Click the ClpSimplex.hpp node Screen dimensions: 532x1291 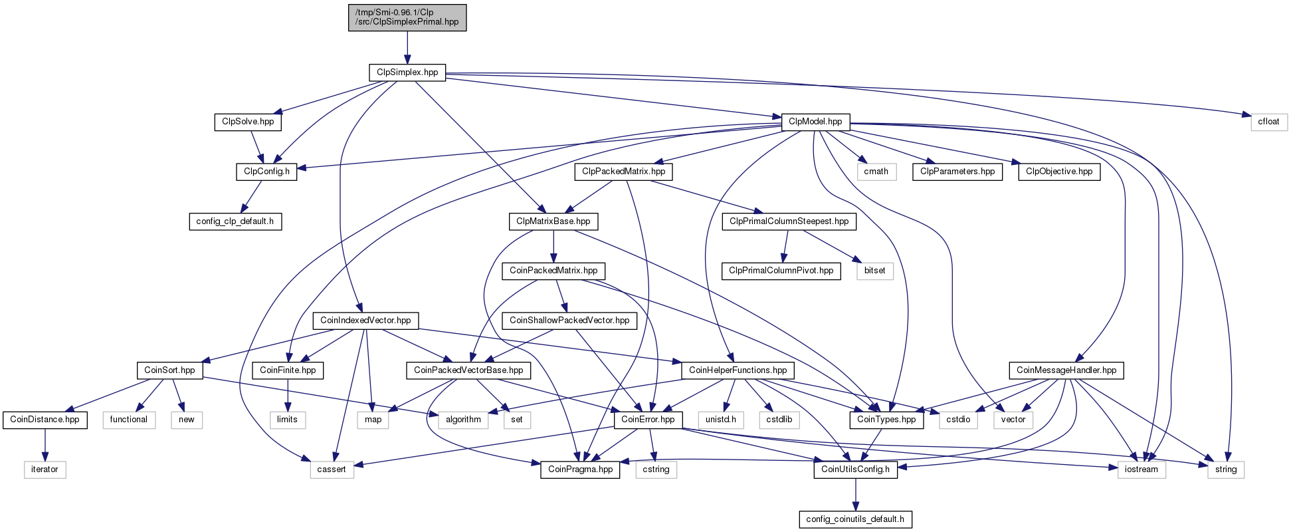[x=407, y=72]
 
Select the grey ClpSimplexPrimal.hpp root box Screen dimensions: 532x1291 [x=407, y=17]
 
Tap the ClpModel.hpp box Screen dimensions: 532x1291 [x=815, y=122]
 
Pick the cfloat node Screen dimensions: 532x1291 [x=1268, y=122]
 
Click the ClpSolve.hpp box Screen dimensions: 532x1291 [x=248, y=122]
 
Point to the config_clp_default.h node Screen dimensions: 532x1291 [x=235, y=221]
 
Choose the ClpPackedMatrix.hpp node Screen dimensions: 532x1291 [x=623, y=172]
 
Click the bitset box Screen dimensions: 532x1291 [x=874, y=271]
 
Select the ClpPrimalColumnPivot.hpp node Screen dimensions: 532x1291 [x=781, y=271]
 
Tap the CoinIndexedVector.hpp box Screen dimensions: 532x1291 [x=365, y=321]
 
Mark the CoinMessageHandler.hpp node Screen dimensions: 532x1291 [x=1066, y=370]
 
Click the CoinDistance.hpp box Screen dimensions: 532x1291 [x=45, y=420]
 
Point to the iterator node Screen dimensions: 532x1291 [x=45, y=469]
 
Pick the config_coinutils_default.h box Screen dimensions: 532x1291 [x=855, y=519]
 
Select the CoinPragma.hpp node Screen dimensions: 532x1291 [x=580, y=469]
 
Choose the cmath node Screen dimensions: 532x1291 [x=876, y=172]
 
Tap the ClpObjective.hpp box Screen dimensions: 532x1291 [x=1058, y=172]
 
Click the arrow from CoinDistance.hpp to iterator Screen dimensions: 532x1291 [x=45, y=444]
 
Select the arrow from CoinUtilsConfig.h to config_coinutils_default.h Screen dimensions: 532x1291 [x=855, y=494]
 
